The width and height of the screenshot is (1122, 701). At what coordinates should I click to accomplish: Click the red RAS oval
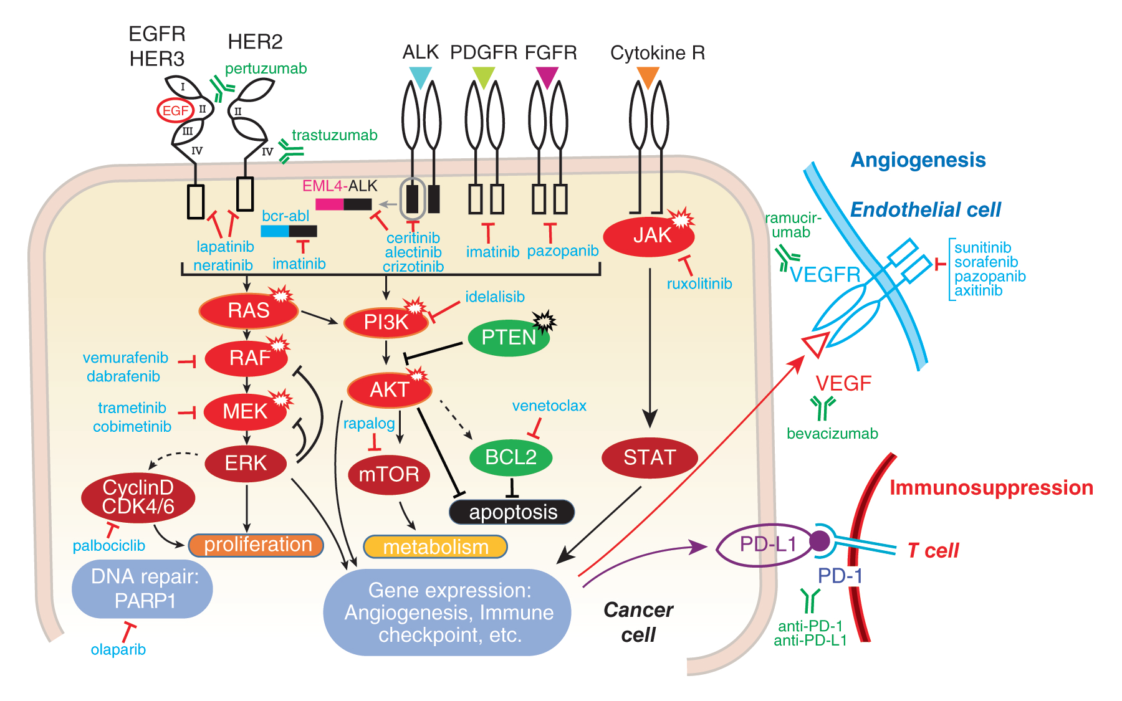(248, 310)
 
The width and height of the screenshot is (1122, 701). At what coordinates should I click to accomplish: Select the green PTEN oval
(509, 337)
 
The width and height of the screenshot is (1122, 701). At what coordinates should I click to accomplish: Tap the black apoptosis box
(512, 512)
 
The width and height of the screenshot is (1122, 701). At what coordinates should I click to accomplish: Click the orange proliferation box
(257, 545)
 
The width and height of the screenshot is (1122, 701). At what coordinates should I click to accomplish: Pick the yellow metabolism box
(435, 547)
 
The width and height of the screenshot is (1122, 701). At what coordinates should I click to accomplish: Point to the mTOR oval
(389, 474)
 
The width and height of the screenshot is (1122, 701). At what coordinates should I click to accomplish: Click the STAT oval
(650, 458)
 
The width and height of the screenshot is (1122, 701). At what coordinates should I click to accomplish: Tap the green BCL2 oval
(511, 457)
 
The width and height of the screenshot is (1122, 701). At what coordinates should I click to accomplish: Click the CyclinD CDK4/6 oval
(138, 497)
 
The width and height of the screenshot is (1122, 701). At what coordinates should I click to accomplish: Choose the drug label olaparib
(118, 650)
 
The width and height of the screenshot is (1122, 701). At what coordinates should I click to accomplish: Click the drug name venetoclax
(549, 406)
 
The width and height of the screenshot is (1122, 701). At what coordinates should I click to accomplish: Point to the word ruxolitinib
(699, 284)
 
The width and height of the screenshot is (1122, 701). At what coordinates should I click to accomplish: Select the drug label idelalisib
(495, 297)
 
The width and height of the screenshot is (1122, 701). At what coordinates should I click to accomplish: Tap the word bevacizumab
(832, 434)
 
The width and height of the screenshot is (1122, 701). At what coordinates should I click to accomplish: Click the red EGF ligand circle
(175, 111)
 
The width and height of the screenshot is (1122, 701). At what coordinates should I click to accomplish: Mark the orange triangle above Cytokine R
(648, 76)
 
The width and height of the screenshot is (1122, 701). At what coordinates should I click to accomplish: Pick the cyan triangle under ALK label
(420, 76)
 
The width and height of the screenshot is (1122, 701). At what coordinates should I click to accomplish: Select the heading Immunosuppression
(991, 488)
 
